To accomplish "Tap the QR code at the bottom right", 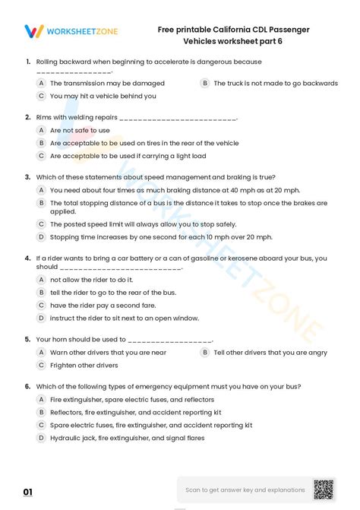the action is tap(324, 489).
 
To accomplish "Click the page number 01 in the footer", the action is tap(28, 493).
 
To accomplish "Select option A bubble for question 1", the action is tap(41, 83).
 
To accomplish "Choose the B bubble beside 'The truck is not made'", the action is tap(205, 83).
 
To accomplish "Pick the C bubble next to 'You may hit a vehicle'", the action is tap(41, 96).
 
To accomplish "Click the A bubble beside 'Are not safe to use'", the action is tap(41, 130).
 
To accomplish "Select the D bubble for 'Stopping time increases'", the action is tap(41, 237).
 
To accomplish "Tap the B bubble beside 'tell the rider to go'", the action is tap(41, 292).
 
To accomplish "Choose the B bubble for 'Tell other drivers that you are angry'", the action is tap(205, 353).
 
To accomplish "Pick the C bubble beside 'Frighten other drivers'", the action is tap(41, 365).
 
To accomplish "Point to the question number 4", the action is tap(27, 258).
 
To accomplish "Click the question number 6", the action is tap(27, 386).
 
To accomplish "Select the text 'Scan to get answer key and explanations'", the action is tap(245, 490).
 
